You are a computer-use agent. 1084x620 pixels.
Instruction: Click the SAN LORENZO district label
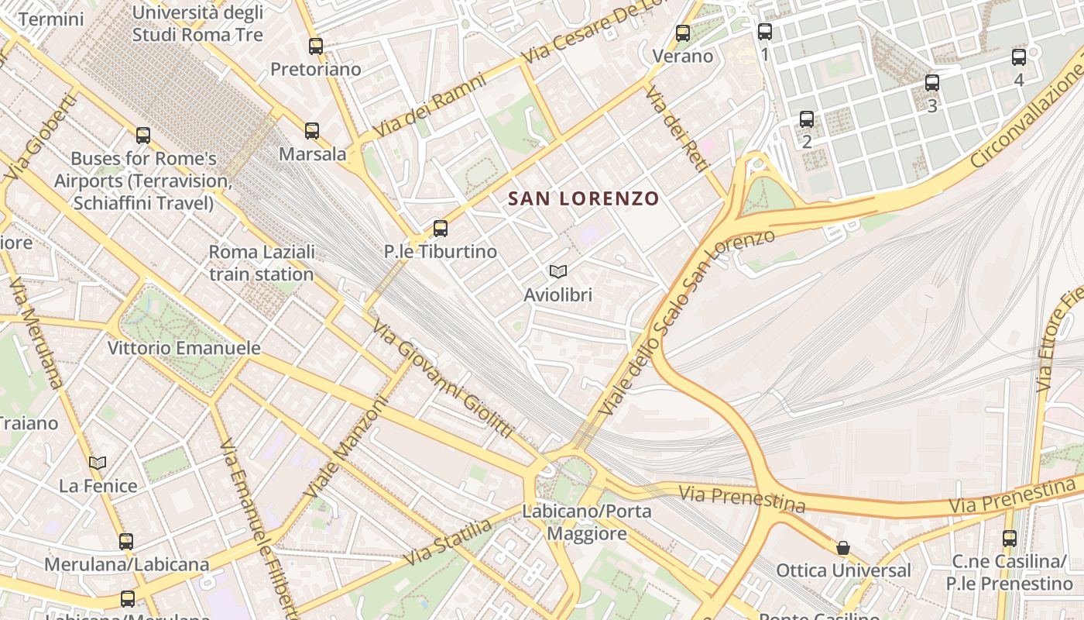click(x=583, y=198)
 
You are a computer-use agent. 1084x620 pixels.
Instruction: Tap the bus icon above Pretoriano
click(x=315, y=46)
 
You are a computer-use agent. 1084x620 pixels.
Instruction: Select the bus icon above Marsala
click(x=312, y=130)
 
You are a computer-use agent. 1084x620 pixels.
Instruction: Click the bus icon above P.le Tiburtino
click(x=441, y=228)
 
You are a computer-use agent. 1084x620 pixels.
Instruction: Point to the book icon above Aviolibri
click(x=557, y=271)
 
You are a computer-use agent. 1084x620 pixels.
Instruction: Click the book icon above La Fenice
click(x=98, y=463)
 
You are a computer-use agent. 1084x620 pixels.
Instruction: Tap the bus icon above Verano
click(x=682, y=33)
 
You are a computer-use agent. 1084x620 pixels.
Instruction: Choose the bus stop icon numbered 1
click(x=765, y=32)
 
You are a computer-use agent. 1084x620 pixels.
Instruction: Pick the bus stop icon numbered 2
click(x=807, y=119)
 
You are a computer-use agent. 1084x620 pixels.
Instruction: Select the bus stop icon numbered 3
click(x=932, y=82)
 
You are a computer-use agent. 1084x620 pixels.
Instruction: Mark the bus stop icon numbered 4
click(x=1019, y=57)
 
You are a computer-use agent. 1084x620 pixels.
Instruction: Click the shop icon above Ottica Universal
click(x=843, y=548)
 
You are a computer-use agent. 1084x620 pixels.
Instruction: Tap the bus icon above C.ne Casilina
click(x=1010, y=539)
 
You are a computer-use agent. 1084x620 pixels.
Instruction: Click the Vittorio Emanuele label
click(x=184, y=348)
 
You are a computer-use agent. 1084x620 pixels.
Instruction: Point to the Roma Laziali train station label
click(x=262, y=263)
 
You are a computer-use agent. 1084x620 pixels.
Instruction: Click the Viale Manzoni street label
click(x=345, y=447)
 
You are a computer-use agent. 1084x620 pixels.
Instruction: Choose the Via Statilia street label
click(x=448, y=542)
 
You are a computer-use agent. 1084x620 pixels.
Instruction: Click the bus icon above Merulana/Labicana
click(x=126, y=541)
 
